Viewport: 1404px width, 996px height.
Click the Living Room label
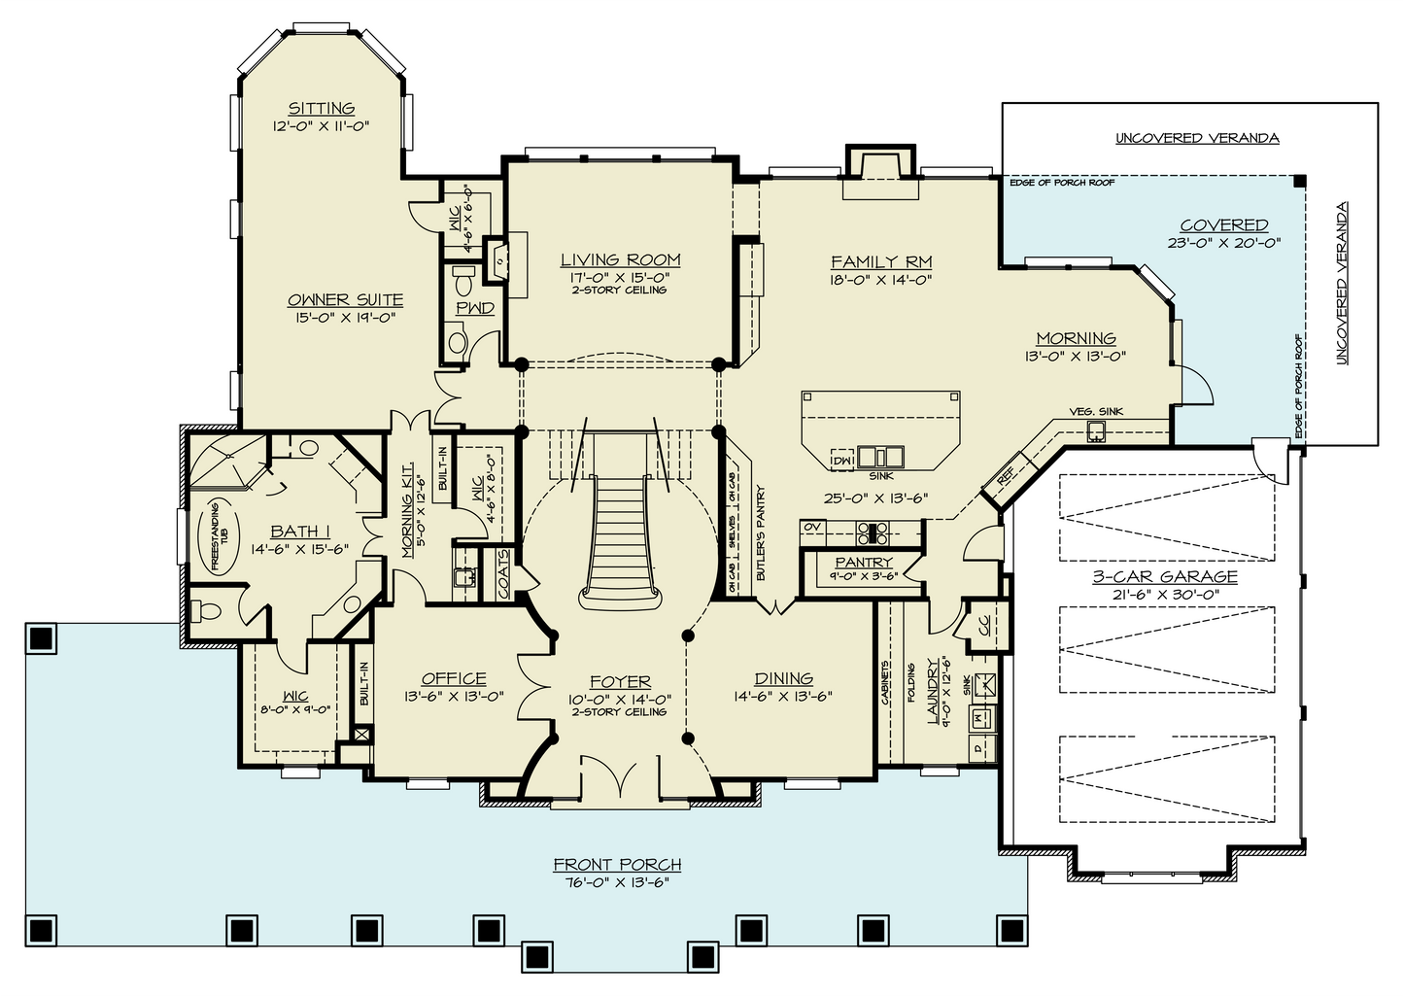621,260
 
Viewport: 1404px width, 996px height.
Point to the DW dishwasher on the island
842,460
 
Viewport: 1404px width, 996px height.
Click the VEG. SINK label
1096,412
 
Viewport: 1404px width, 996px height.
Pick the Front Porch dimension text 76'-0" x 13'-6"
617,882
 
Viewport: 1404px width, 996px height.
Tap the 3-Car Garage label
1165,576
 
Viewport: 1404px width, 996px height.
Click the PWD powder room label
475,308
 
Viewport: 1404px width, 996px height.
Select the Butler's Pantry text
762,532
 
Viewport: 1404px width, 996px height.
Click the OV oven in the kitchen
812,528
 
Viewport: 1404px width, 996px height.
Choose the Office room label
454,679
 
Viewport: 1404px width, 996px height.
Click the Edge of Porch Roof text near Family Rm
1062,183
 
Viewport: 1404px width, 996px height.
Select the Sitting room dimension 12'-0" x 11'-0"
321,126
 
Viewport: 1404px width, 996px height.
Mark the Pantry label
864,563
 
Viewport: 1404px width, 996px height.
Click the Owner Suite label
345,300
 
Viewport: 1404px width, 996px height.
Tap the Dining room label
783,678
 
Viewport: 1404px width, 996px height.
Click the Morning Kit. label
407,510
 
